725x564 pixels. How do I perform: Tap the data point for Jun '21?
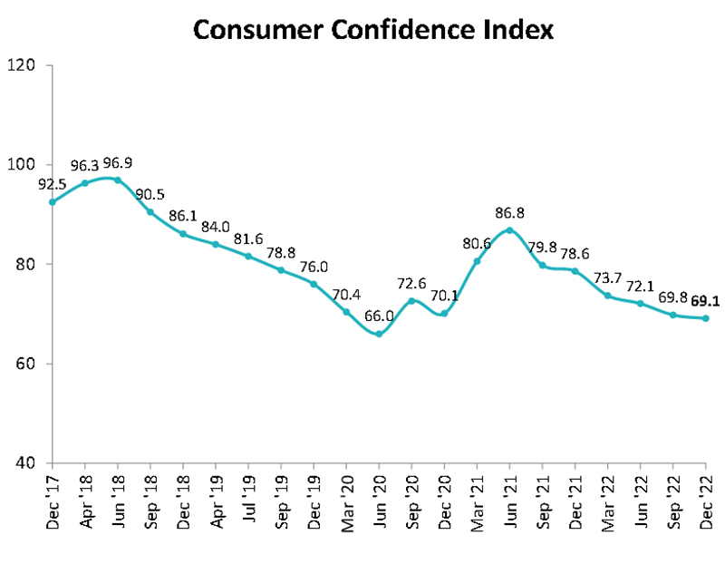(509, 229)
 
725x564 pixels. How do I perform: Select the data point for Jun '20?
(379, 334)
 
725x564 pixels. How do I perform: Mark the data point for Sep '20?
(411, 300)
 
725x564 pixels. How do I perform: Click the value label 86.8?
(509, 213)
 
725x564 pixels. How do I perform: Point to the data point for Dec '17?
(53, 201)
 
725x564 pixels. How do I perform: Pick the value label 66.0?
(379, 316)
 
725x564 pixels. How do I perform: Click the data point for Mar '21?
(477, 261)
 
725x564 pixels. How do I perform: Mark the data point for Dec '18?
(183, 234)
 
